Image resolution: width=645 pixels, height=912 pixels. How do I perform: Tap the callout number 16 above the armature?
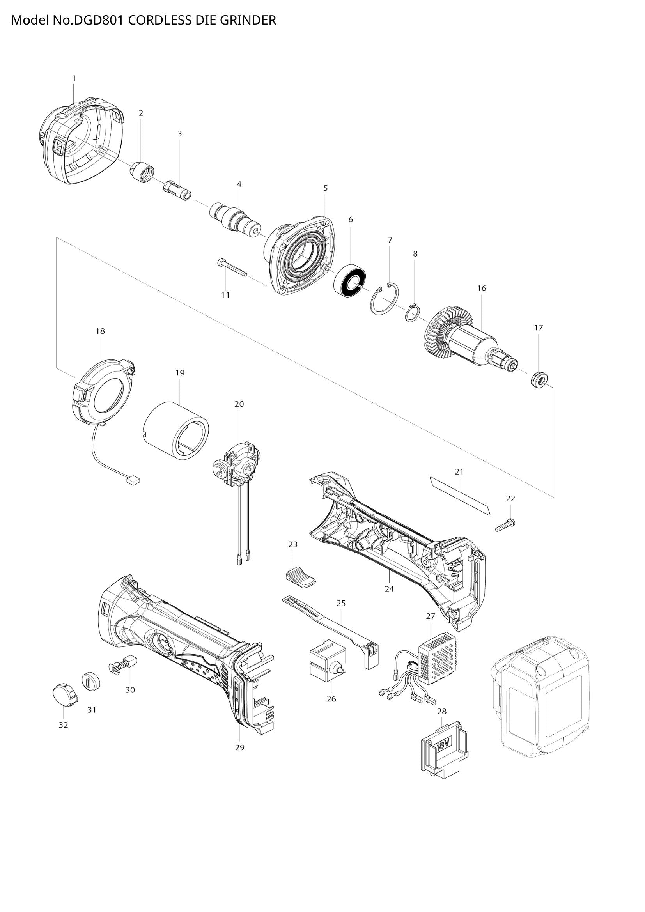point(481,289)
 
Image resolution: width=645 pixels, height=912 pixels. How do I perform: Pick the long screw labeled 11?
point(232,268)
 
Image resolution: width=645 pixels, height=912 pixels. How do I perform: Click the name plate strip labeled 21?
point(460,496)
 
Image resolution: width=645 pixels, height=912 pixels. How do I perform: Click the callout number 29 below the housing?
point(239,747)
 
